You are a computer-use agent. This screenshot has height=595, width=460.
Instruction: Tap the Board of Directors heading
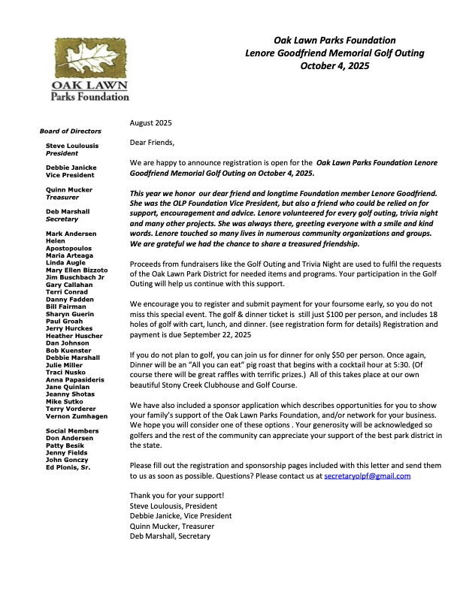pos(70,131)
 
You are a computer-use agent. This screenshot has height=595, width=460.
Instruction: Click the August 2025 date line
pos(152,122)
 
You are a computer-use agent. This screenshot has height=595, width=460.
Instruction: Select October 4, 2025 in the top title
pos(334,65)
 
